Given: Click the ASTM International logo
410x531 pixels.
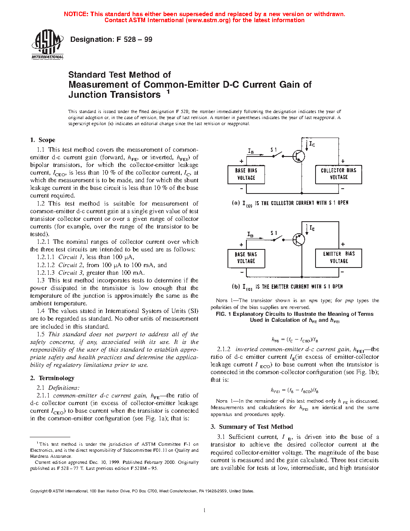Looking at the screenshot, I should [47, 45].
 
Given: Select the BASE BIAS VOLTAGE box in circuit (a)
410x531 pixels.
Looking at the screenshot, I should [246, 174].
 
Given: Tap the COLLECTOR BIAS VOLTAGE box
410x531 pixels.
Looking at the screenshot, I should [338, 174].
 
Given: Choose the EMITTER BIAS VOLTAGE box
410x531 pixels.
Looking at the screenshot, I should [338, 257].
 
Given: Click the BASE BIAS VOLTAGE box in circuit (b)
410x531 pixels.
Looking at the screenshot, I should [246, 258].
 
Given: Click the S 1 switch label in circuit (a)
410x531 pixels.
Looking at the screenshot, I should [274, 150].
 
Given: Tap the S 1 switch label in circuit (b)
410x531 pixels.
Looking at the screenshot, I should [274, 233].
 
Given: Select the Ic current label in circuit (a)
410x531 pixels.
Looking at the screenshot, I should [312, 144].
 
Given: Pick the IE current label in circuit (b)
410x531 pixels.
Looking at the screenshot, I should [312, 228].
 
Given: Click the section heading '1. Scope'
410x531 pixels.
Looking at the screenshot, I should [43, 140].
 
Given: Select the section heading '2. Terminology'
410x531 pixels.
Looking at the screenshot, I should [52, 378].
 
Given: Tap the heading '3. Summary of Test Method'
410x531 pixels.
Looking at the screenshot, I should [252, 427].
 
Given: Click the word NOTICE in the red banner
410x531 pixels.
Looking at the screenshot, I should [76, 14].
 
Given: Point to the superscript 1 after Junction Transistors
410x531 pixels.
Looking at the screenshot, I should [168, 92].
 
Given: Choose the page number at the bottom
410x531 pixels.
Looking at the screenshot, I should [205, 510].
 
